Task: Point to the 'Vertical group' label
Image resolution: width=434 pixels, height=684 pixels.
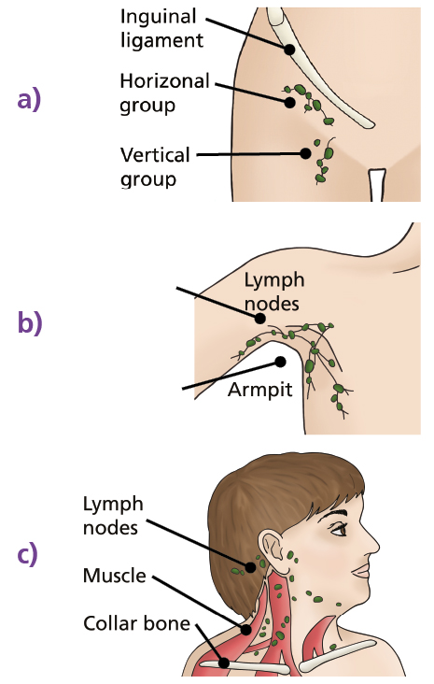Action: (x=155, y=164)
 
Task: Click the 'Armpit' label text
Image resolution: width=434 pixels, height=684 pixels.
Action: (x=259, y=389)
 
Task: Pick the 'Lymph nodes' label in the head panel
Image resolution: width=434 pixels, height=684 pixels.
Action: (x=113, y=516)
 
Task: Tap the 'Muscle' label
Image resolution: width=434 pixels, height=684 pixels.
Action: (x=114, y=576)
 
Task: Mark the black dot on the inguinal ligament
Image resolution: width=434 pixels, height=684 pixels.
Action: (x=290, y=49)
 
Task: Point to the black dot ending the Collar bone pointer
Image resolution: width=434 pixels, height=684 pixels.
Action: (x=224, y=663)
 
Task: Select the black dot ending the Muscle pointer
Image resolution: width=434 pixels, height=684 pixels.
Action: (x=246, y=630)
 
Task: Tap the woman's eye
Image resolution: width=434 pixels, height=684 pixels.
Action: (x=342, y=530)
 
